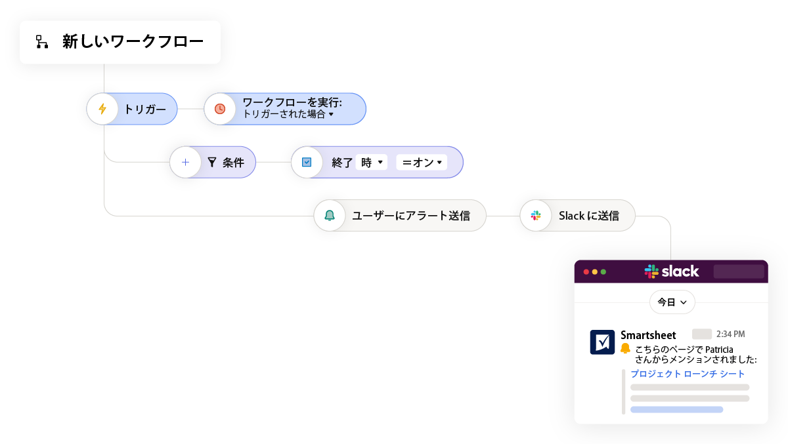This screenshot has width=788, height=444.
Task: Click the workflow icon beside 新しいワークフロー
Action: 42,42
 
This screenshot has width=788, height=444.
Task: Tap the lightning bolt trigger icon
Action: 102,109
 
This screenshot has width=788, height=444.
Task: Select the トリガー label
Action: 145,110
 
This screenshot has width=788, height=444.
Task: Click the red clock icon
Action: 220,109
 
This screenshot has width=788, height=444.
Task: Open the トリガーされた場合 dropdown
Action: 288,114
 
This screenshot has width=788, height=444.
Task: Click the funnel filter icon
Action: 212,163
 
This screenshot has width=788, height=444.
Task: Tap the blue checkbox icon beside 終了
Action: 307,163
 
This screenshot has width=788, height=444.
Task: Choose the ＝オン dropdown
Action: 422,163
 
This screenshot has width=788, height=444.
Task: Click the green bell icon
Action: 329,215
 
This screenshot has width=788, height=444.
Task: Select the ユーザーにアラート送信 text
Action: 411,215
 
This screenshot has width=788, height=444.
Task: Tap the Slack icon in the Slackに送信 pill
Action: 536,215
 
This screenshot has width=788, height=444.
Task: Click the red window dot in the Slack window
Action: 586,272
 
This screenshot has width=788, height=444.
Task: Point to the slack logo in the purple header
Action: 671,271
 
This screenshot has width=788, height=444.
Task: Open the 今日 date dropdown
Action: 672,302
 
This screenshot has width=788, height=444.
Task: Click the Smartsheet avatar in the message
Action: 602,342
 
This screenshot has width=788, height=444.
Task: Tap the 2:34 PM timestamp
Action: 730,334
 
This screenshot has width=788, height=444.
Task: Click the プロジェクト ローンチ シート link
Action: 688,374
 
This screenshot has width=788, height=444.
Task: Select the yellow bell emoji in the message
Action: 625,348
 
